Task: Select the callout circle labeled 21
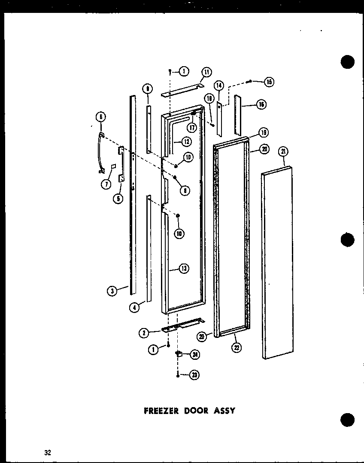[x=284, y=151]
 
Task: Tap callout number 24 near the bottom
[x=194, y=355]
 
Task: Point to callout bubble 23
[x=195, y=375]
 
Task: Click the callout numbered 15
[x=269, y=82]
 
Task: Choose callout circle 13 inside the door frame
[x=183, y=269]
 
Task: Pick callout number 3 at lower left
[x=112, y=291]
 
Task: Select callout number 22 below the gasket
[x=237, y=347]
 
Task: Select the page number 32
[x=47, y=452]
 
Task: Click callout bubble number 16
[x=261, y=104]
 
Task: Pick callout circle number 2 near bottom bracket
[x=144, y=332]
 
